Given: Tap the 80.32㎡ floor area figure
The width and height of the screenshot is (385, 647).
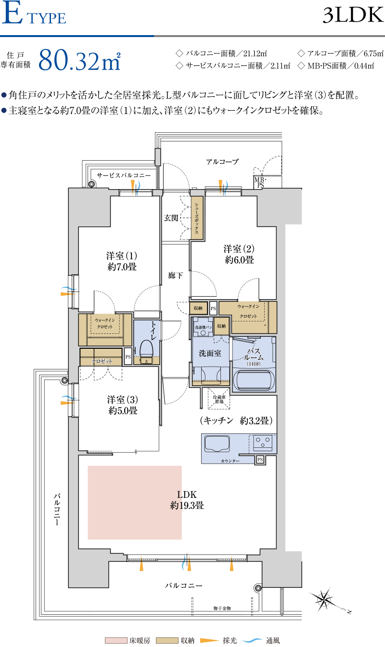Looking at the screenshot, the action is click(x=79, y=60).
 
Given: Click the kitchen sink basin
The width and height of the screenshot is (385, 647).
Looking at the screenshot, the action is click(x=217, y=444).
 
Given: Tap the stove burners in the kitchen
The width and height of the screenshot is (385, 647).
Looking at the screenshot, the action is click(x=263, y=443).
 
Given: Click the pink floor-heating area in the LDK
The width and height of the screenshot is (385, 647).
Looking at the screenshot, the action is click(x=135, y=503).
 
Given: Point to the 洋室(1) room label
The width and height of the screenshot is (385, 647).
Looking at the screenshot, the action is click(x=122, y=255).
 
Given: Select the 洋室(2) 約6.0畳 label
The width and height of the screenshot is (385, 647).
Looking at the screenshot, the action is click(x=239, y=254).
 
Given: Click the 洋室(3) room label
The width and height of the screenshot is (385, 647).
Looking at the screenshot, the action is click(x=123, y=399).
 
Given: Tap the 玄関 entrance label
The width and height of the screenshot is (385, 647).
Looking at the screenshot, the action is click(x=171, y=218).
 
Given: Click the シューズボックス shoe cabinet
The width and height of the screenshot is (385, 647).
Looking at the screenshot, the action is click(x=197, y=218).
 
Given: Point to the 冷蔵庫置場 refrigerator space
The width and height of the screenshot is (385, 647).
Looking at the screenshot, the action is click(x=219, y=399).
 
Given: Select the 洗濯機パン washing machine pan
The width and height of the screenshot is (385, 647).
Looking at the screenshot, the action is click(x=203, y=327).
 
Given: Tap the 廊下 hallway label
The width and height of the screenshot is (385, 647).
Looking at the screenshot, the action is click(x=175, y=276).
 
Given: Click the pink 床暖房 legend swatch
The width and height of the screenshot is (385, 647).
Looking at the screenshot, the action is click(x=116, y=640).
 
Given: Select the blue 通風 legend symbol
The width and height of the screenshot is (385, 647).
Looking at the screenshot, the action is click(x=253, y=640).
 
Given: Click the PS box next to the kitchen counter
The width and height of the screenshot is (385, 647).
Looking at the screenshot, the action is click(x=260, y=459).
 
